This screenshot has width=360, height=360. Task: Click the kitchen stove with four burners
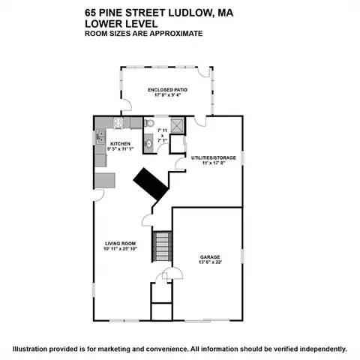pyautogui.click(x=118, y=123)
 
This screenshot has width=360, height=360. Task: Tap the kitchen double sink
pyautogui.click(x=101, y=137)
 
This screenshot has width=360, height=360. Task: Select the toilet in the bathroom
pyautogui.click(x=149, y=123)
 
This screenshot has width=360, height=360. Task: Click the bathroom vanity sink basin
pyautogui.click(x=149, y=144)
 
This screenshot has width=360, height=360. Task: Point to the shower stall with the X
pyautogui.click(x=177, y=124)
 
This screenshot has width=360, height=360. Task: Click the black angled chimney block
pyautogui.click(x=151, y=184)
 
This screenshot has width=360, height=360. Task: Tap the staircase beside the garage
pyautogui.click(x=162, y=247)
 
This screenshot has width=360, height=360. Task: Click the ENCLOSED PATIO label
pyautogui.click(x=167, y=90)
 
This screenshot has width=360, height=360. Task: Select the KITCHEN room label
pyautogui.click(x=120, y=144)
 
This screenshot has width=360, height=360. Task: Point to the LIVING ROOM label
pyautogui.click(x=121, y=244)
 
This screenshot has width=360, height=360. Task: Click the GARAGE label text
pyautogui.click(x=210, y=257)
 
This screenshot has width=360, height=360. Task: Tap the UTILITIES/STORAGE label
pyautogui.click(x=214, y=157)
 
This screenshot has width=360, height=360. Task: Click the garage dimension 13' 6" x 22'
pyautogui.click(x=210, y=262)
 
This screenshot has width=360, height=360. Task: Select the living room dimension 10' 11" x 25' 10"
pyautogui.click(x=121, y=249)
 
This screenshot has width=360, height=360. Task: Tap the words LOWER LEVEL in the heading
pyautogui.click(x=121, y=24)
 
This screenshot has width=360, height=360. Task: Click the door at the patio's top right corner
pyautogui.click(x=203, y=72)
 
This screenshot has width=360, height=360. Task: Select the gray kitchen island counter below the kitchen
pyautogui.click(x=105, y=180)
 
